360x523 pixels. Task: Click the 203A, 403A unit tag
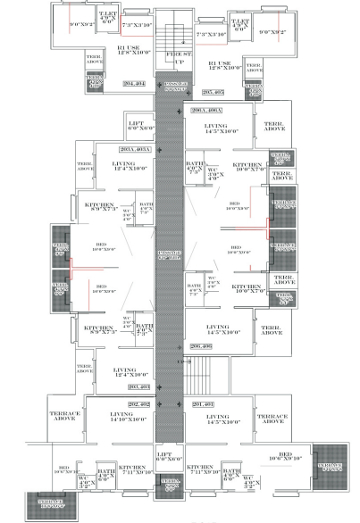(132, 148)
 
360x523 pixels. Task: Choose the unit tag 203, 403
(138, 386)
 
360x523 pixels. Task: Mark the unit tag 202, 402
(138, 404)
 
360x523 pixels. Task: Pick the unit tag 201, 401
(204, 404)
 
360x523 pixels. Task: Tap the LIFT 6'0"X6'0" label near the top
(136, 126)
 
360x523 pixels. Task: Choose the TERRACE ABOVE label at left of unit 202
(66, 418)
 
